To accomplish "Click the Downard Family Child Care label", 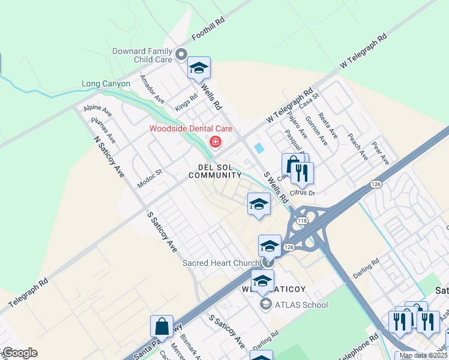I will [x=142, y=56].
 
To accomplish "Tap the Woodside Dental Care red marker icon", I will [x=215, y=142].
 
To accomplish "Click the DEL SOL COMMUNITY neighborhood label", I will [x=215, y=171].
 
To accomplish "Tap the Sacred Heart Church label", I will [x=220, y=263].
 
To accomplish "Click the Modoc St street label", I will [x=150, y=179].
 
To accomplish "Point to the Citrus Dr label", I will [x=303, y=193].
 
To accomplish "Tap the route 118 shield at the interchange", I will [x=301, y=221].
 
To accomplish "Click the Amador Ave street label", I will [x=152, y=89].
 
